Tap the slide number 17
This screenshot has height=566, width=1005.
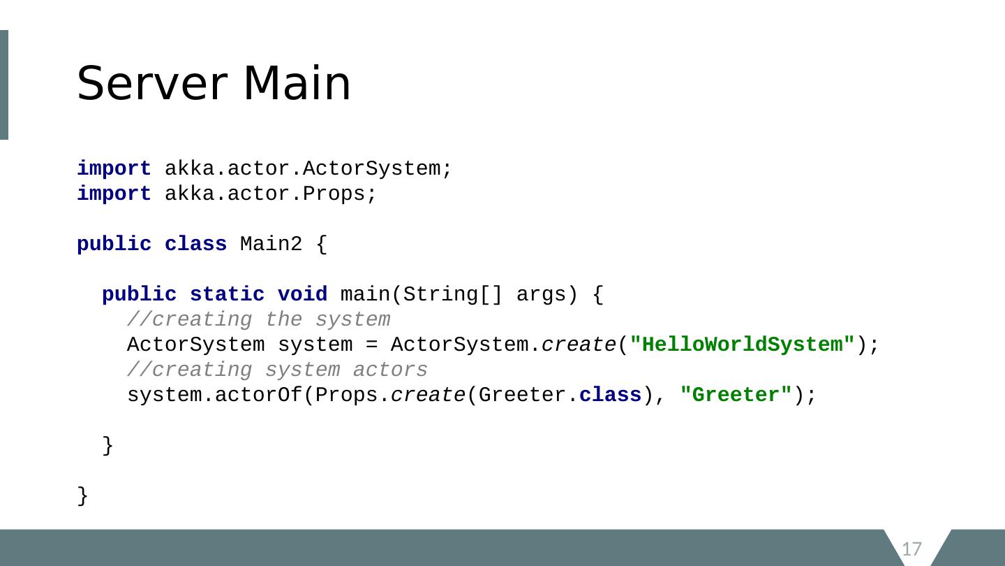(x=912, y=549)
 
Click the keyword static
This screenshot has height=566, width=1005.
(x=227, y=295)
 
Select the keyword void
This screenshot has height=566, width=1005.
(x=302, y=295)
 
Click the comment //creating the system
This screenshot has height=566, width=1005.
(x=258, y=320)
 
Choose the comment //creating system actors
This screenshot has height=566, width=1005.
(x=277, y=370)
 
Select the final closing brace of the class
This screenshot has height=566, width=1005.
(x=83, y=496)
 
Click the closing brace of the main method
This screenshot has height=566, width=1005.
(x=108, y=446)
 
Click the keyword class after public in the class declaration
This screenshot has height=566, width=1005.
(x=195, y=245)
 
